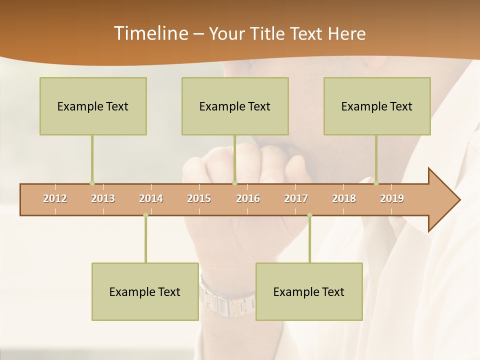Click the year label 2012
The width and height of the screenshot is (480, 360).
point(55,198)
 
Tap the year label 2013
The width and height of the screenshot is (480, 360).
point(103,198)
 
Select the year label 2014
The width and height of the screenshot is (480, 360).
point(151,198)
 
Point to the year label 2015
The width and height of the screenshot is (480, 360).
point(199,198)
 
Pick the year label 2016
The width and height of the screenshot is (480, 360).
point(248,198)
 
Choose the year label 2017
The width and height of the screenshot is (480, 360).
point(296,198)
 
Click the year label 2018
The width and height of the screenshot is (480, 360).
point(344,198)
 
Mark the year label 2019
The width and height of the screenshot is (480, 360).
point(392,198)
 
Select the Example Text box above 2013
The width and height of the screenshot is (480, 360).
point(93,106)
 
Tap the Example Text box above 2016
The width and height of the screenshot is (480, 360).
point(235,106)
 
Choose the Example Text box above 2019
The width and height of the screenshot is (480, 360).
point(377,106)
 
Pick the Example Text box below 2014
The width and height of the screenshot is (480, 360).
point(145,291)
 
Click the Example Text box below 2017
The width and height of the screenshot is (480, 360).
point(309,291)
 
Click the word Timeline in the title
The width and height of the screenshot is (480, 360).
point(150,33)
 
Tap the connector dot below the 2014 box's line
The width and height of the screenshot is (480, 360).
point(145,215)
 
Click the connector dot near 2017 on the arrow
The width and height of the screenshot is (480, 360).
point(309,215)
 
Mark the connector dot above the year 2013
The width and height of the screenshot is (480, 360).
point(92,183)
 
